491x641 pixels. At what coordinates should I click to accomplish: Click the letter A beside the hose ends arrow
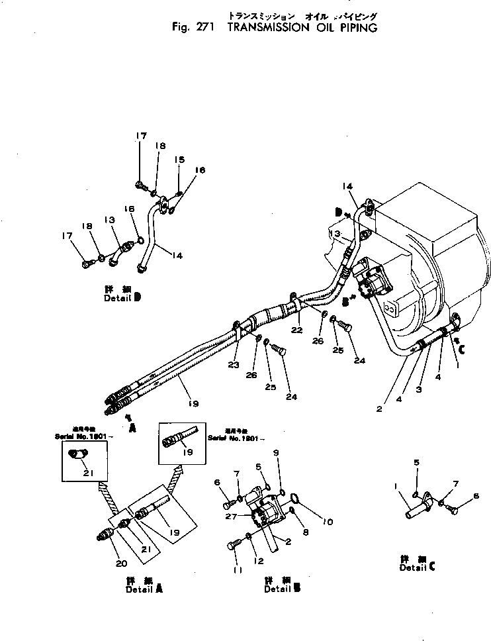(133, 428)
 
